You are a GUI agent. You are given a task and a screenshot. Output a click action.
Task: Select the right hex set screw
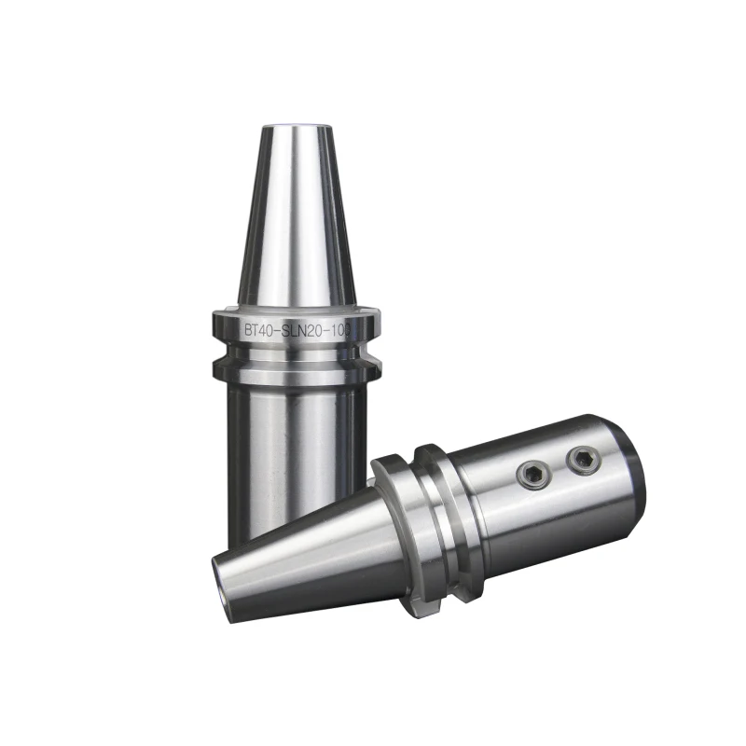pyautogui.click(x=584, y=458)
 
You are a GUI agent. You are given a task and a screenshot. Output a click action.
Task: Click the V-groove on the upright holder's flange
pyautogui.click(x=291, y=355)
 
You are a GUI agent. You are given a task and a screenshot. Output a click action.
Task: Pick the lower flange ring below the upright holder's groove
pyautogui.click(x=291, y=371)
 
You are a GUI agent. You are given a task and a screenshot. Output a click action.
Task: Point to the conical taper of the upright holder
pyautogui.click(x=292, y=224)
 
